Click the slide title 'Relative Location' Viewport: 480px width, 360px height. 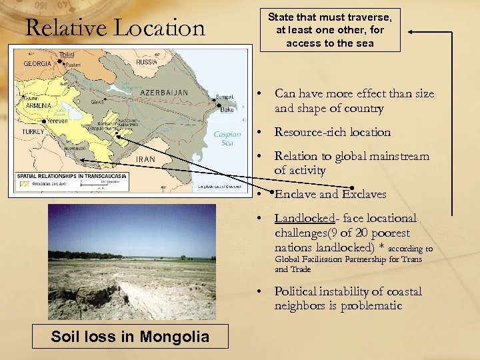(x=115, y=28)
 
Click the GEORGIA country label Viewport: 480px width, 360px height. (x=37, y=63)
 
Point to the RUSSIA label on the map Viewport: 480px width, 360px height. (x=147, y=62)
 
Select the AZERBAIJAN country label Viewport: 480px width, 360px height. (x=164, y=92)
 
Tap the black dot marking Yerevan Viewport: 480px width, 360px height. (x=45, y=121)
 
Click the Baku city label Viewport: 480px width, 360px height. (x=227, y=109)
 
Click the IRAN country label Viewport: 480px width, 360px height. (x=145, y=159)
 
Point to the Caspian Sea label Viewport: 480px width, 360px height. (x=227, y=138)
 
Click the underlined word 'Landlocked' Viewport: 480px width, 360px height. (x=303, y=219)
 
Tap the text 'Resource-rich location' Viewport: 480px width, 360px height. (x=332, y=132)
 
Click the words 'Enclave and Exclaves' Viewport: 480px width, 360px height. (x=330, y=195)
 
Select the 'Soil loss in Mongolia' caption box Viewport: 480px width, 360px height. (x=130, y=337)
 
